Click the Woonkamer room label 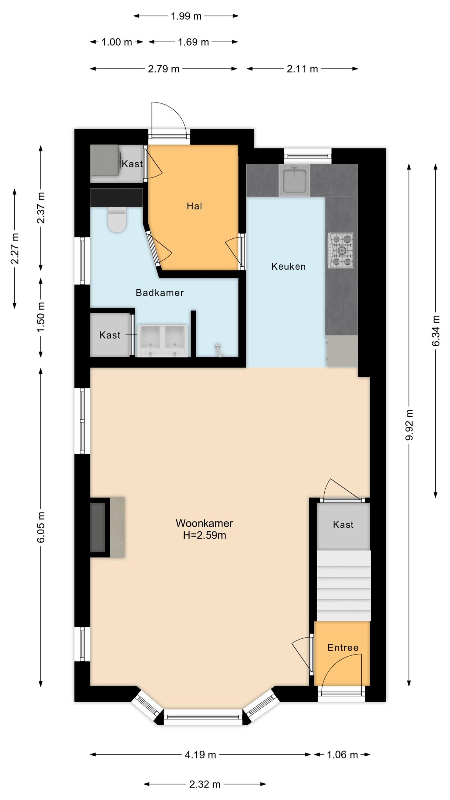coord(204,523)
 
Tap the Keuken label coord(288,267)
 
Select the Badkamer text coord(160,293)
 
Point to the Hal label coord(194,206)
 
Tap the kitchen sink coord(294,180)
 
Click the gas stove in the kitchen coord(341,250)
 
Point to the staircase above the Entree coord(344,586)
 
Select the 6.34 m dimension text coord(436,331)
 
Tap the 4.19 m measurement coord(200,755)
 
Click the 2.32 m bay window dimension coord(205,784)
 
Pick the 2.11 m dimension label coord(302,69)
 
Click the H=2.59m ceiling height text coord(204,535)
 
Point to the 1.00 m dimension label coord(117,42)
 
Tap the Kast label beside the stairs coord(343,524)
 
